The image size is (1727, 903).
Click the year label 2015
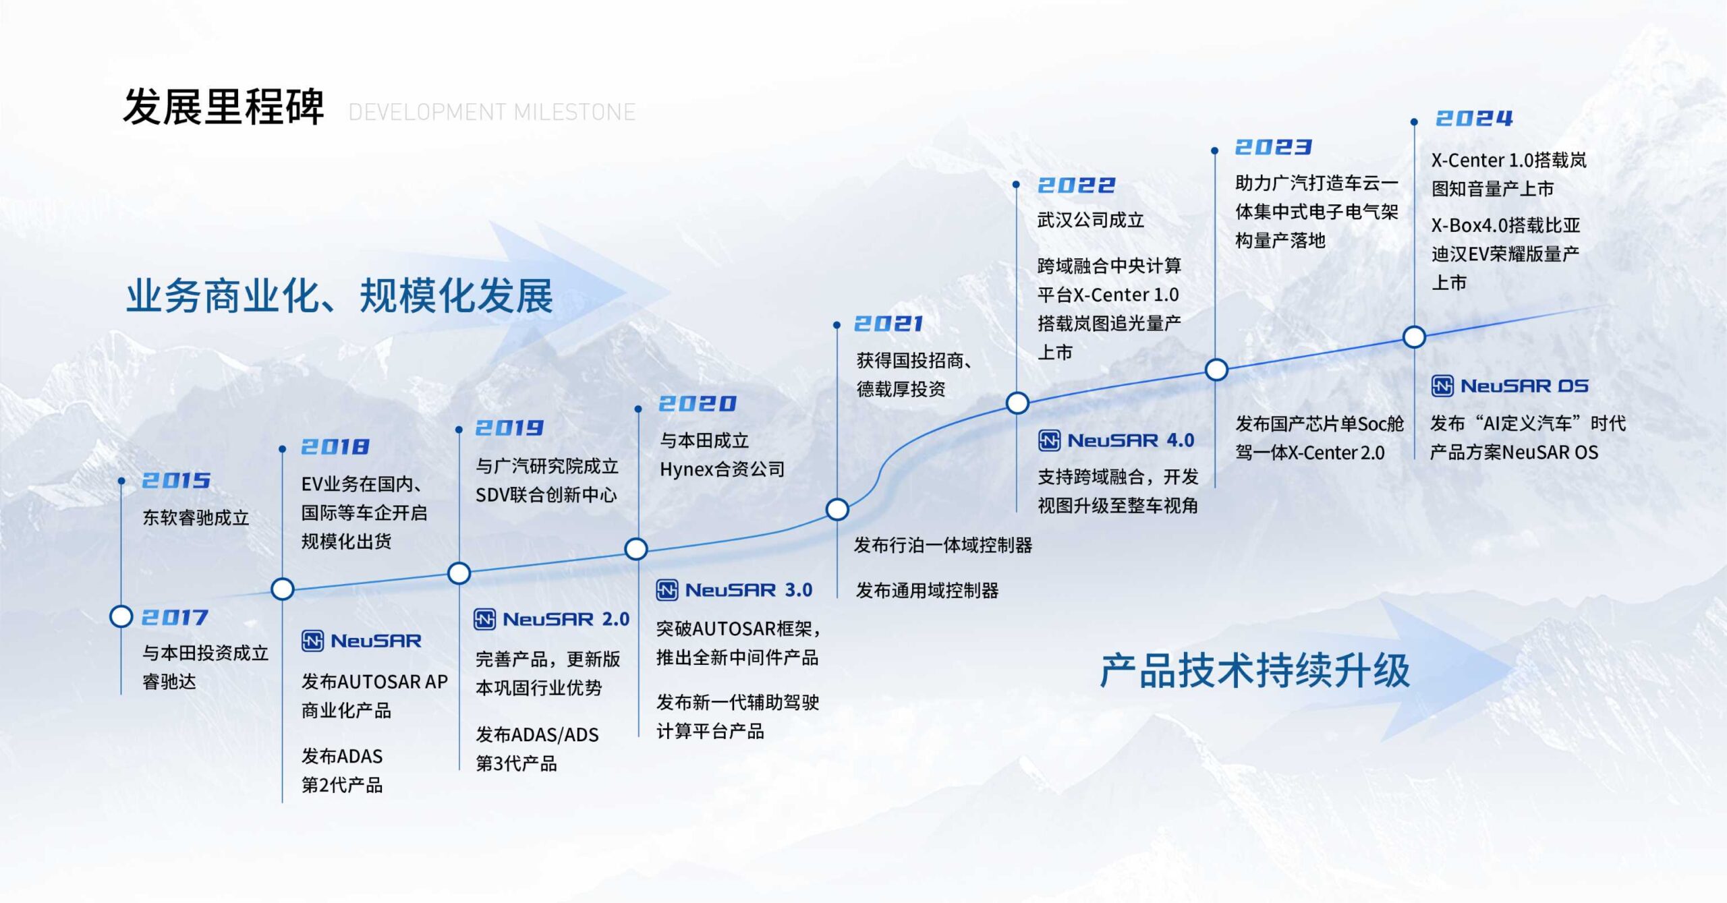[x=176, y=480]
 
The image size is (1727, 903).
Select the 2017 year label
[x=175, y=617]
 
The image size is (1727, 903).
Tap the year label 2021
[x=888, y=324]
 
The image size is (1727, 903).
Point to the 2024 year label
[x=1474, y=119]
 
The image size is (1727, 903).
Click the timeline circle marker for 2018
[x=283, y=589]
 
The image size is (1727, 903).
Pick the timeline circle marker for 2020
[x=636, y=549]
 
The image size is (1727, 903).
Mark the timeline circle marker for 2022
[x=1017, y=403]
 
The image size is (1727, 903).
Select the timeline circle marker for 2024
[x=1414, y=337]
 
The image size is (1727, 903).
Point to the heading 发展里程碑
[x=223, y=107]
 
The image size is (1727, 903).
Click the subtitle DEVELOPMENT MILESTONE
[x=492, y=112]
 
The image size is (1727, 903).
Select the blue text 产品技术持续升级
[x=1255, y=670]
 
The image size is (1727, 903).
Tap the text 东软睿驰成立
[x=196, y=517]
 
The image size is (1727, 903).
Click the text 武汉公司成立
[x=1091, y=220]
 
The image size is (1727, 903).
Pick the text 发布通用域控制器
[x=927, y=590]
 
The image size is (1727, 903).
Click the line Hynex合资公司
[x=722, y=469]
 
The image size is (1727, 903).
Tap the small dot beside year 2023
[x=1214, y=151]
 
